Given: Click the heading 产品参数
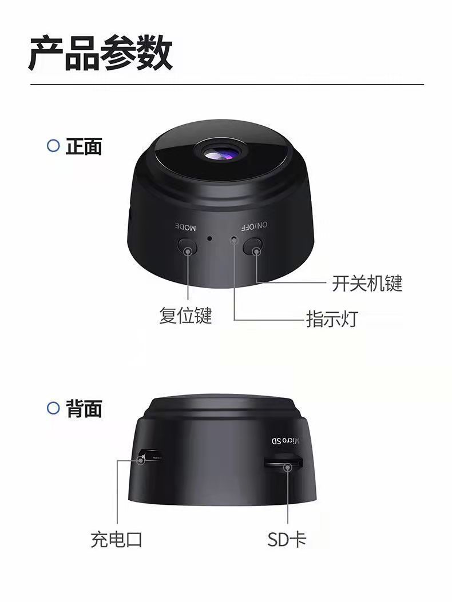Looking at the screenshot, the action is pyautogui.click(x=100, y=53).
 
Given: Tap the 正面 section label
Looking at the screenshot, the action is pyautogui.click(x=84, y=146).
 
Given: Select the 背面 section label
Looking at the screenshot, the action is pyautogui.click(x=84, y=408).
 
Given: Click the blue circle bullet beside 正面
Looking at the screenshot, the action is pyautogui.click(x=53, y=146).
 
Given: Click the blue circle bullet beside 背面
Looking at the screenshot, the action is pyautogui.click(x=53, y=408).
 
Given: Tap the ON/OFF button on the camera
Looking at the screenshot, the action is pyautogui.click(x=252, y=246).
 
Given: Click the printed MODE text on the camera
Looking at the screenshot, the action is pyautogui.click(x=186, y=227).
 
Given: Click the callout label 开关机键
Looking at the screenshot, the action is pyautogui.click(x=367, y=284).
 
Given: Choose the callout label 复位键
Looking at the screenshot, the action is pyautogui.click(x=185, y=316).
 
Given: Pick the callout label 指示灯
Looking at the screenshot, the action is pyautogui.click(x=332, y=319).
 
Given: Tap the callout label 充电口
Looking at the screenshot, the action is pyautogui.click(x=117, y=540).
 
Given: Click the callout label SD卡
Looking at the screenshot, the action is pyautogui.click(x=287, y=540).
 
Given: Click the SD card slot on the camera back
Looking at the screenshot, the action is pyautogui.click(x=283, y=462).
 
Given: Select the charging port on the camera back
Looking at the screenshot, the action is pyautogui.click(x=150, y=456).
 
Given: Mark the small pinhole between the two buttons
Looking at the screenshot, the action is pyautogui.click(x=210, y=238).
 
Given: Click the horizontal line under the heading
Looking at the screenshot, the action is pyautogui.click(x=227, y=84).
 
